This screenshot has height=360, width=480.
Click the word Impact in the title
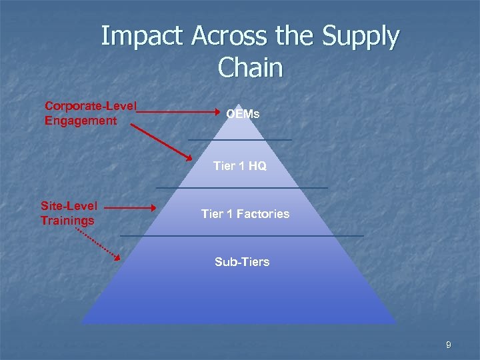141,37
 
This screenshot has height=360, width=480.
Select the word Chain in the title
250,67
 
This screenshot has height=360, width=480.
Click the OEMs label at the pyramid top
243,115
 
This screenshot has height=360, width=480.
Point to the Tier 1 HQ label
240,167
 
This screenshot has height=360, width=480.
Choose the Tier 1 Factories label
245,214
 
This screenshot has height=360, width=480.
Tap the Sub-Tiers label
242,262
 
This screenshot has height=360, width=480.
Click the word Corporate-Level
91,107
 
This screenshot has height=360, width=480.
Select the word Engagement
81,121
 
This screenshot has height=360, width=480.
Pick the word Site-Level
69,206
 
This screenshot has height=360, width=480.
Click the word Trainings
67,220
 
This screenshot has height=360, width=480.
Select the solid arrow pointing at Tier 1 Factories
130,208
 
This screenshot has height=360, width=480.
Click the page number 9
449,345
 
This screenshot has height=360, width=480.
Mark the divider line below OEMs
240,140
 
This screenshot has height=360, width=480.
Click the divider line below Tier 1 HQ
241,188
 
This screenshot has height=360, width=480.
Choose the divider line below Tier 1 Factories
242,235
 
